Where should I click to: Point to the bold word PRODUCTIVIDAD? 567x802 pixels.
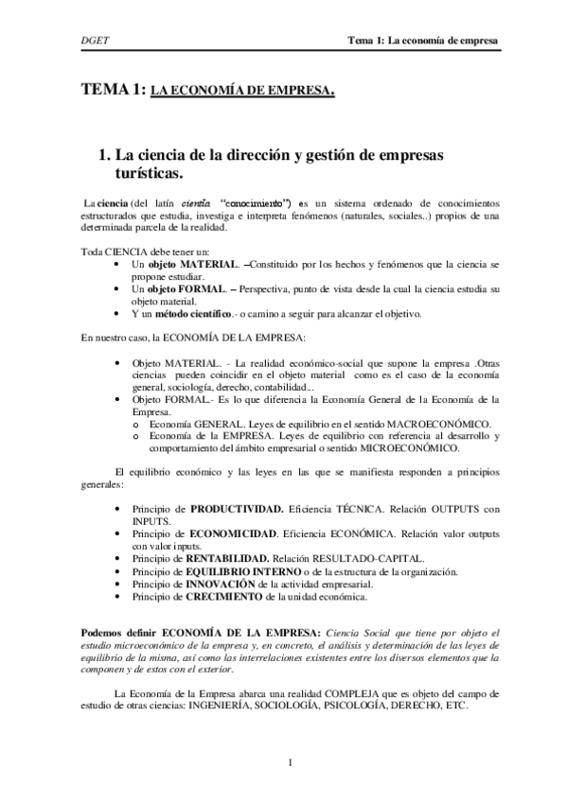click(237, 509)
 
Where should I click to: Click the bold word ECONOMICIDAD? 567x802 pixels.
click(233, 534)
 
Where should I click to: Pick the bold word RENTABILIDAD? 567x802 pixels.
click(229, 559)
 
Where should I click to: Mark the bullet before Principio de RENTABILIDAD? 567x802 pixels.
click(115, 559)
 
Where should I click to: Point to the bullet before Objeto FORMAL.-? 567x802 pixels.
click(115, 400)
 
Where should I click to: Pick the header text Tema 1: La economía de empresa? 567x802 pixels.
click(423, 41)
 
